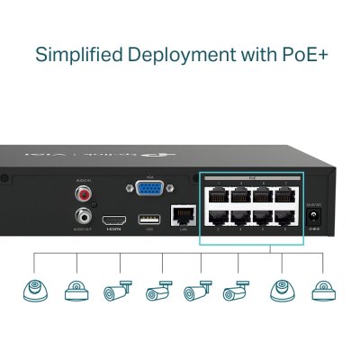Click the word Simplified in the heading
click(x=77, y=54)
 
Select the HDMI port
click(x=113, y=220)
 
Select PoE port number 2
click(x=219, y=219)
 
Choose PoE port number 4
click(x=241, y=219)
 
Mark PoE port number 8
click(x=285, y=219)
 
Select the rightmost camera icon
click(x=322, y=291)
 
